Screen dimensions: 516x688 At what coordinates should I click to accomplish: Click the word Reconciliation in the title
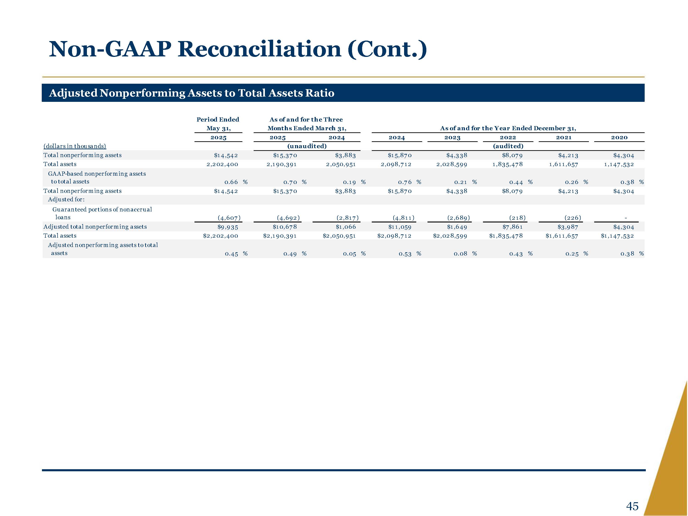(x=259, y=49)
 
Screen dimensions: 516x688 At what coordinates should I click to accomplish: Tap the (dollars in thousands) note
(x=75, y=146)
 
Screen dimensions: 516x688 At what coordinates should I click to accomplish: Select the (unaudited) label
(x=307, y=146)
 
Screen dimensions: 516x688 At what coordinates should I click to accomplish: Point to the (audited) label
(x=508, y=146)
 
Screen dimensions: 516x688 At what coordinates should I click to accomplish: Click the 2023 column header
(x=452, y=137)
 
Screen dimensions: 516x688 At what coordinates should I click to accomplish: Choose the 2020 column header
(x=619, y=137)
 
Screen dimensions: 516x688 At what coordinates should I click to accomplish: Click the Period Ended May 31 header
(x=218, y=124)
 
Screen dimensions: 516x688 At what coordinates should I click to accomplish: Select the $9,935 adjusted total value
(x=228, y=227)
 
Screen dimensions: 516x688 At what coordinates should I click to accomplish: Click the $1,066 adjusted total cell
(x=346, y=227)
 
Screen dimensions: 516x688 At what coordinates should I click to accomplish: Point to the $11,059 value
(x=400, y=227)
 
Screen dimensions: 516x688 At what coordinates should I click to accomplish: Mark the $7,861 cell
(x=512, y=227)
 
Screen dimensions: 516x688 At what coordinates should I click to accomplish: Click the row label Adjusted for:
(x=66, y=199)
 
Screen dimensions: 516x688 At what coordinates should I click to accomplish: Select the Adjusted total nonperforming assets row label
(x=95, y=227)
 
